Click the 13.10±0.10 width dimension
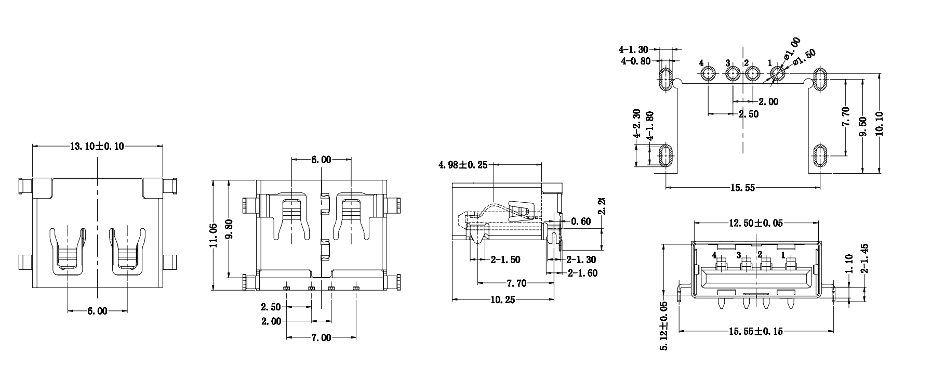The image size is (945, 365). pos(97,146)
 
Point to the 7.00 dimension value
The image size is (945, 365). pos(321,338)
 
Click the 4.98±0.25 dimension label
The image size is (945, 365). pos(463,165)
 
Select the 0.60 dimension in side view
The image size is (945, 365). pos(581,221)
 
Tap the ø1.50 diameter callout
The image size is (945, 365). pos(805,57)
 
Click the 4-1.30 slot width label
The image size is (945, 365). pos(633,50)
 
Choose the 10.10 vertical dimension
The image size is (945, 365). pos(880,123)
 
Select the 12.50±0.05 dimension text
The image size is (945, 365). pos(756,223)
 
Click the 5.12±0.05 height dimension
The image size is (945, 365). pos(664,326)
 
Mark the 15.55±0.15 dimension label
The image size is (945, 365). pos(756,331)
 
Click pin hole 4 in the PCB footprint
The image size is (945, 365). pos(708,75)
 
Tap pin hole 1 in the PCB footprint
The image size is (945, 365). pos(778,74)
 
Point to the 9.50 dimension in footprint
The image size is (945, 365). pos(863,126)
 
